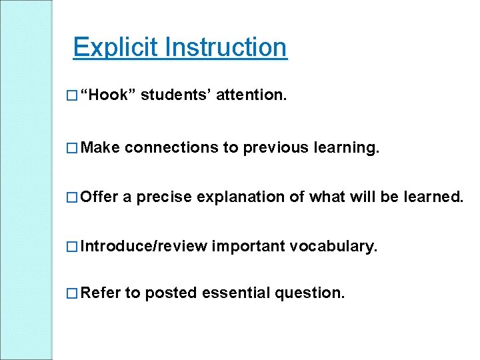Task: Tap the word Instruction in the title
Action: pos(226,47)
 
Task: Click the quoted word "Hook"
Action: pos(108,96)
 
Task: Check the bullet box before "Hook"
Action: pos(72,97)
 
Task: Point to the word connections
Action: pos(171,147)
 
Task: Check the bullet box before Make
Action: pos(72,147)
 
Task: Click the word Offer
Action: pos(99,197)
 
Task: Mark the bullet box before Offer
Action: pos(72,197)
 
